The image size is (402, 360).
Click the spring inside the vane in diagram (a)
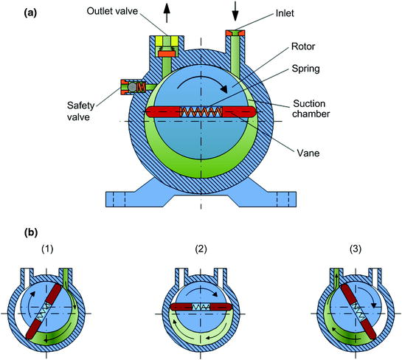coord(201,112)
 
